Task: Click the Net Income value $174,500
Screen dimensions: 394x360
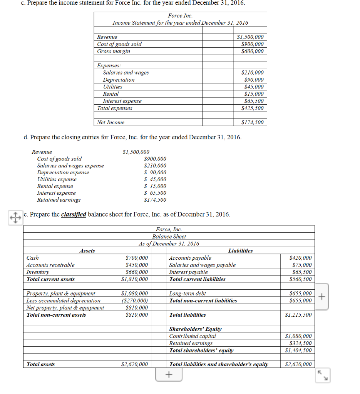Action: pyautogui.click(x=252, y=122)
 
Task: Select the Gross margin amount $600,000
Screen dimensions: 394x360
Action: pyautogui.click(x=252, y=51)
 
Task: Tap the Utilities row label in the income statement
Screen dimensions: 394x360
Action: pyautogui.click(x=112, y=87)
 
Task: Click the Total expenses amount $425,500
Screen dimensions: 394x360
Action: pyautogui.click(x=252, y=108)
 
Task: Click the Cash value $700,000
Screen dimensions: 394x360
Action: pyautogui.click(x=137, y=258)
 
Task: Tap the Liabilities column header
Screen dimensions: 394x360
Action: pyautogui.click(x=240, y=251)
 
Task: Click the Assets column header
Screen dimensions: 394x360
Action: pyautogui.click(x=87, y=251)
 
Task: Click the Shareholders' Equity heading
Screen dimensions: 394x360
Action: pyautogui.click(x=195, y=329)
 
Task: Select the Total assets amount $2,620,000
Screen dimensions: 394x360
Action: pyautogui.click(x=134, y=364)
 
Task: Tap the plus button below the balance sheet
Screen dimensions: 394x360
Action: pyautogui.click(x=169, y=374)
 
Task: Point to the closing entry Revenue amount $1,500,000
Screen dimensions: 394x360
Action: pyautogui.click(x=136, y=152)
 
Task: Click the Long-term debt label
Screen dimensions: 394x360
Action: pyautogui.click(x=188, y=294)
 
